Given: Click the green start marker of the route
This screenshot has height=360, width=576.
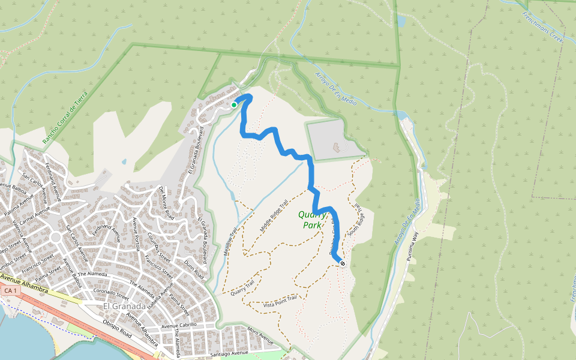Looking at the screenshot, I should click(x=234, y=105).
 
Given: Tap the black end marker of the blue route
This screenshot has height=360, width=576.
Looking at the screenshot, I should click(x=342, y=263).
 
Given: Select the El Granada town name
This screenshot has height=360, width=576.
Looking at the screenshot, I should click(x=125, y=307).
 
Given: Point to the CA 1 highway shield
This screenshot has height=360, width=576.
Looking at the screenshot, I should click(x=10, y=290).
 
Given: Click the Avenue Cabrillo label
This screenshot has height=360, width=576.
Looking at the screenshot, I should click(x=179, y=326).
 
